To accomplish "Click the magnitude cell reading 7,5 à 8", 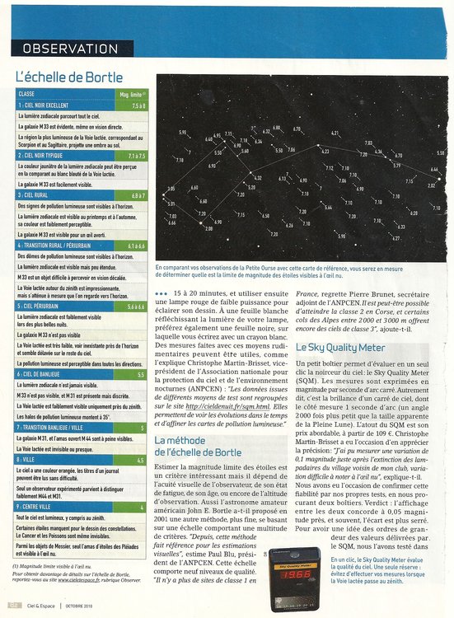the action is [137, 106].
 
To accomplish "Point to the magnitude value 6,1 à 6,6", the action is [136, 246].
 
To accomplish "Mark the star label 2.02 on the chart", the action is [431, 185].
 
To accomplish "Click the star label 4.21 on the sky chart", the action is [335, 133].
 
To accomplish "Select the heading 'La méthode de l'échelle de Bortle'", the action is [199, 447].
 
